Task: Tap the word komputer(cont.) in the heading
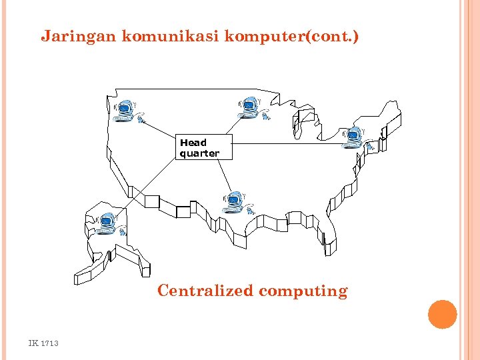pyautogui.click(x=291, y=36)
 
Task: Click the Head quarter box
pyautogui.click(x=205, y=147)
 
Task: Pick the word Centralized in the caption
pyautogui.click(x=205, y=291)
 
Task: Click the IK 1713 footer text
pyautogui.click(x=43, y=343)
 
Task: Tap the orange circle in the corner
pyautogui.click(x=442, y=315)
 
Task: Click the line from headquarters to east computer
pyautogui.click(x=287, y=143)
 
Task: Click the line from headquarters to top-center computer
pyautogui.click(x=230, y=125)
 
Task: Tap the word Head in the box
pyautogui.click(x=193, y=143)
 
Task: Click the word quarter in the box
pyautogui.click(x=199, y=153)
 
